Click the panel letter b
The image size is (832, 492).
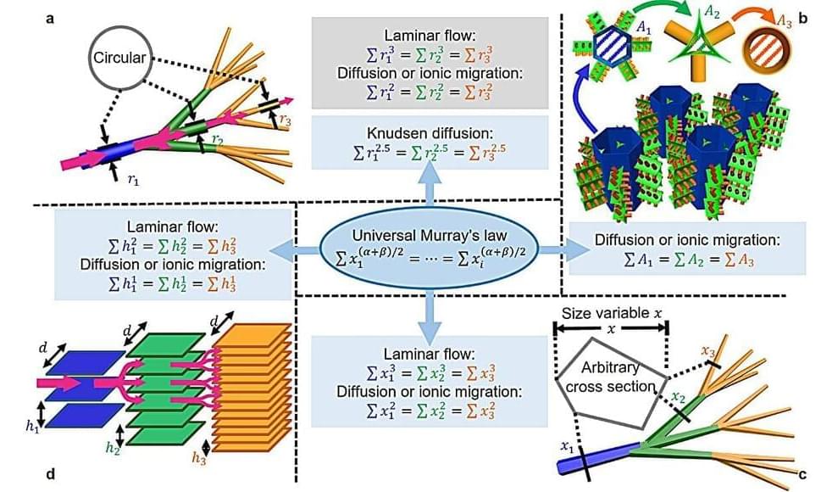coord(803,14)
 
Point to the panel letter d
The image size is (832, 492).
coord(50,474)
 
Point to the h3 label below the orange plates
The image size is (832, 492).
coord(200,458)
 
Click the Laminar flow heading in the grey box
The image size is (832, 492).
coord(422,36)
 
